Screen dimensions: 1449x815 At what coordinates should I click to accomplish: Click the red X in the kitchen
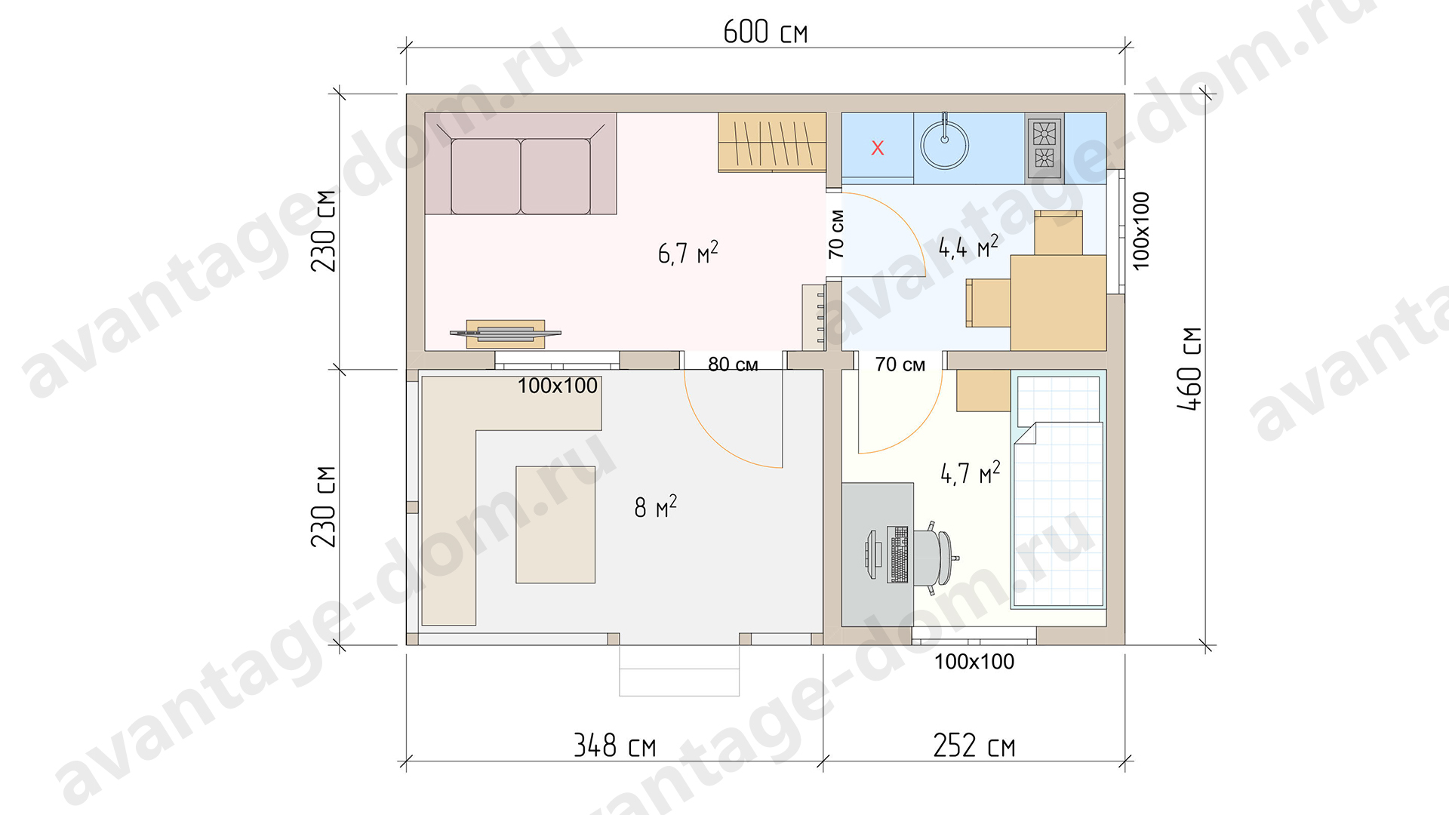coord(878,148)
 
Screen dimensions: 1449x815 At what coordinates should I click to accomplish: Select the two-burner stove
coord(1044,148)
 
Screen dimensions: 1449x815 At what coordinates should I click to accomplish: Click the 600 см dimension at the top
coord(765,32)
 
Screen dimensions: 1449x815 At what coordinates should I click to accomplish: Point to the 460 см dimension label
coord(1189,369)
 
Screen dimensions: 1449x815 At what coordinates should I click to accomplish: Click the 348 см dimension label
coord(614,746)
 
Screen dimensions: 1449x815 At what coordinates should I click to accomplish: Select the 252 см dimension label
coord(974,746)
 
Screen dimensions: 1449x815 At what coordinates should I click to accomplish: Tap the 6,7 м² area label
coord(688,252)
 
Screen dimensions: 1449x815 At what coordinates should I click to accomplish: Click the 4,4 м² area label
coord(968,246)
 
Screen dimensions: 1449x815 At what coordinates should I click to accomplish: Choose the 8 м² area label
coord(655,506)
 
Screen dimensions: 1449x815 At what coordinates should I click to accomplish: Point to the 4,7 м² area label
coord(970,472)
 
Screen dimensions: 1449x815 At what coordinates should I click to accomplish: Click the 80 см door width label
coord(733,364)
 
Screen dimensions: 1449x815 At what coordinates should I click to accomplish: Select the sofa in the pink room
coord(521,164)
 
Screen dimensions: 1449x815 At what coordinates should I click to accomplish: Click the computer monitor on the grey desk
coord(872,555)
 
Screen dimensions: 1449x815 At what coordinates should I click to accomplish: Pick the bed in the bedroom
coord(1058,490)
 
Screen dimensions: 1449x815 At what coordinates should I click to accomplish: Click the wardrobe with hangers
coord(772,142)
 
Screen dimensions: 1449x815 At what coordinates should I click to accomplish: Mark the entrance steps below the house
coord(679,670)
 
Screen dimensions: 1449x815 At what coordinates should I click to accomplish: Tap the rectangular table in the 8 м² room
coord(555,524)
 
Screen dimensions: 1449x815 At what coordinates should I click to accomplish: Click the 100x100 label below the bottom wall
coord(974,662)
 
